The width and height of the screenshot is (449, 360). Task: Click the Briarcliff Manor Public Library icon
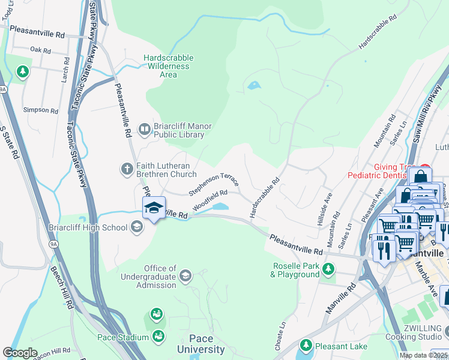coord(145,128)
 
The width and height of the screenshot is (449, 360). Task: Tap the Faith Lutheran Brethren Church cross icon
coord(127,169)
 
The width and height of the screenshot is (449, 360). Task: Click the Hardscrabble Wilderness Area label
coord(168,66)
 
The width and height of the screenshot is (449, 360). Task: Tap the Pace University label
coord(200,344)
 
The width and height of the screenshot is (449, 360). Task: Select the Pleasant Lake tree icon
coord(306,346)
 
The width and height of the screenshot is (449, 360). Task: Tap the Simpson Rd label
coord(40,110)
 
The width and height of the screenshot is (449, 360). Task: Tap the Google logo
coord(20,353)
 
